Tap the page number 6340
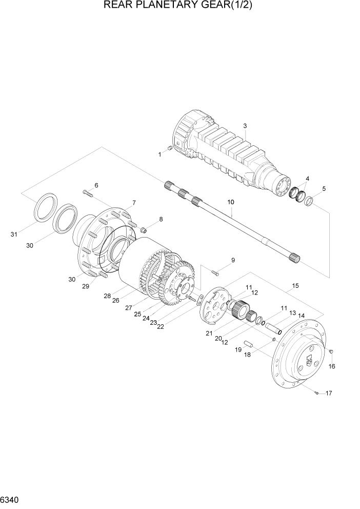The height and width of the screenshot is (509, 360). click(x=11, y=499)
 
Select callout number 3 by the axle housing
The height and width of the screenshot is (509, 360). click(x=245, y=126)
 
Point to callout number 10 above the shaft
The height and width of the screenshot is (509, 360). click(x=231, y=203)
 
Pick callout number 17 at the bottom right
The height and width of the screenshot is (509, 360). click(x=329, y=394)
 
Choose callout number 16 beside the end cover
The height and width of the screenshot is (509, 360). click(x=331, y=366)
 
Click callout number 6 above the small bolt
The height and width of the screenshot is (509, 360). click(x=96, y=185)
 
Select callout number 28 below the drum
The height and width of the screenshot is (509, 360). click(x=107, y=296)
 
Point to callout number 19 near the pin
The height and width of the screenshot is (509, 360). click(x=238, y=349)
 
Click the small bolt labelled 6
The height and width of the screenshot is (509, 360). click(x=87, y=193)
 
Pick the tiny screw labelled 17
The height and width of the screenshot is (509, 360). click(x=317, y=393)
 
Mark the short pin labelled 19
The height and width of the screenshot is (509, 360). click(x=249, y=343)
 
